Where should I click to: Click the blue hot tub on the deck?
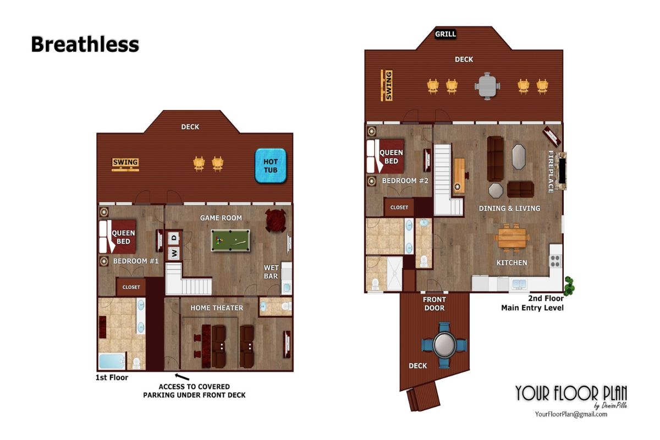(x=271, y=166)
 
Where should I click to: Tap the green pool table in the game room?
(x=230, y=240)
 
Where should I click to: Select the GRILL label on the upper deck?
(x=446, y=34)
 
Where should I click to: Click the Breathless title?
(x=85, y=45)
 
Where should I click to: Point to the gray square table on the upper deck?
(x=487, y=86)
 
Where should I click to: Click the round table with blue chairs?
(x=444, y=345)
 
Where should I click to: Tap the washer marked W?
(x=174, y=253)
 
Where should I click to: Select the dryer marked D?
(x=174, y=238)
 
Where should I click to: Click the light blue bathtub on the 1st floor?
(x=112, y=361)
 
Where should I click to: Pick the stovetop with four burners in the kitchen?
(x=555, y=261)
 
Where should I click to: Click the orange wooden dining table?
(x=512, y=238)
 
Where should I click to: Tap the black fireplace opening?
(x=562, y=171)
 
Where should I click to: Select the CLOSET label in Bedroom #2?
(x=399, y=207)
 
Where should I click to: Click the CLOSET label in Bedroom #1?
(x=131, y=287)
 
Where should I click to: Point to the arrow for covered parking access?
(x=182, y=377)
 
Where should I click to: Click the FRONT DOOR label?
(x=435, y=304)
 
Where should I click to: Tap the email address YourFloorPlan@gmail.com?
(x=571, y=414)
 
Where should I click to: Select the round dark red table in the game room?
(x=276, y=220)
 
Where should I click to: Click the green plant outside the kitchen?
(x=569, y=286)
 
